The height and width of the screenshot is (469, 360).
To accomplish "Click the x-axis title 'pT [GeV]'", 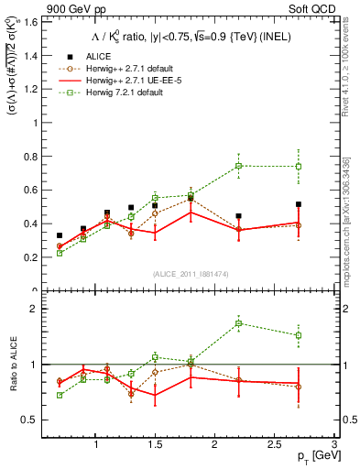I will [x=312, y=456].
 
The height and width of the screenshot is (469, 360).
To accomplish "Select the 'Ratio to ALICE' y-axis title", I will [x=12, y=364].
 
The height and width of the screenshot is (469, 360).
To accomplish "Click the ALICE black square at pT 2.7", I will [x=298, y=204].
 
